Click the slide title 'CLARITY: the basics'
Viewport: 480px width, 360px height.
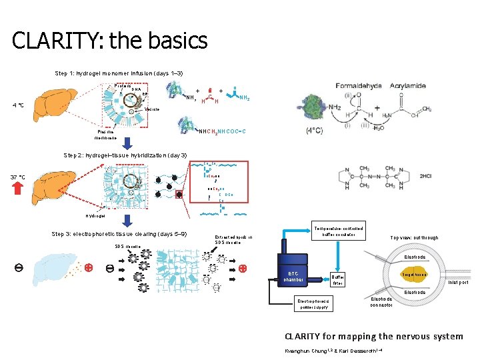[x=110, y=41]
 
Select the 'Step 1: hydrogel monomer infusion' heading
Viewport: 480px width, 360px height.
[x=119, y=73]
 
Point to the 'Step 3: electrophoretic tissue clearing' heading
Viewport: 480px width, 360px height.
[x=119, y=234]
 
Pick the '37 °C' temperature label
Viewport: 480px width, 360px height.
[x=18, y=177]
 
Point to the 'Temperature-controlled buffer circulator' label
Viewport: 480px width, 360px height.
[x=341, y=230]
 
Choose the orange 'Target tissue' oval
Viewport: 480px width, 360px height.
[x=414, y=275]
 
